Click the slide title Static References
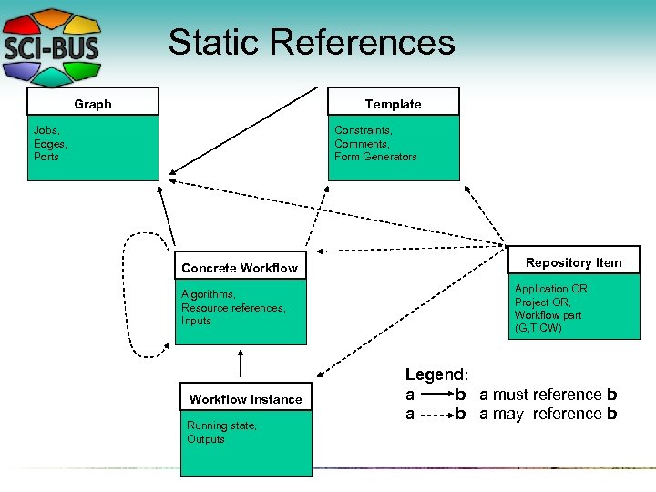point(311,42)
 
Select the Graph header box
point(93,103)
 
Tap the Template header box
point(393,103)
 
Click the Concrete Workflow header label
point(240,268)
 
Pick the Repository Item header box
point(573,262)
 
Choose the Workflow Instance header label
point(245,399)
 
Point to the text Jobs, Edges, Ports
point(51,144)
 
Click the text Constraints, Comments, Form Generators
point(375,144)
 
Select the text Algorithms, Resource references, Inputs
point(233,308)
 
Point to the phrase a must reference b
point(548,395)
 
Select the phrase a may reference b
point(548,414)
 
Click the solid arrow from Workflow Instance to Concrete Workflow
point(240,363)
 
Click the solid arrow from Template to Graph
point(244,130)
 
